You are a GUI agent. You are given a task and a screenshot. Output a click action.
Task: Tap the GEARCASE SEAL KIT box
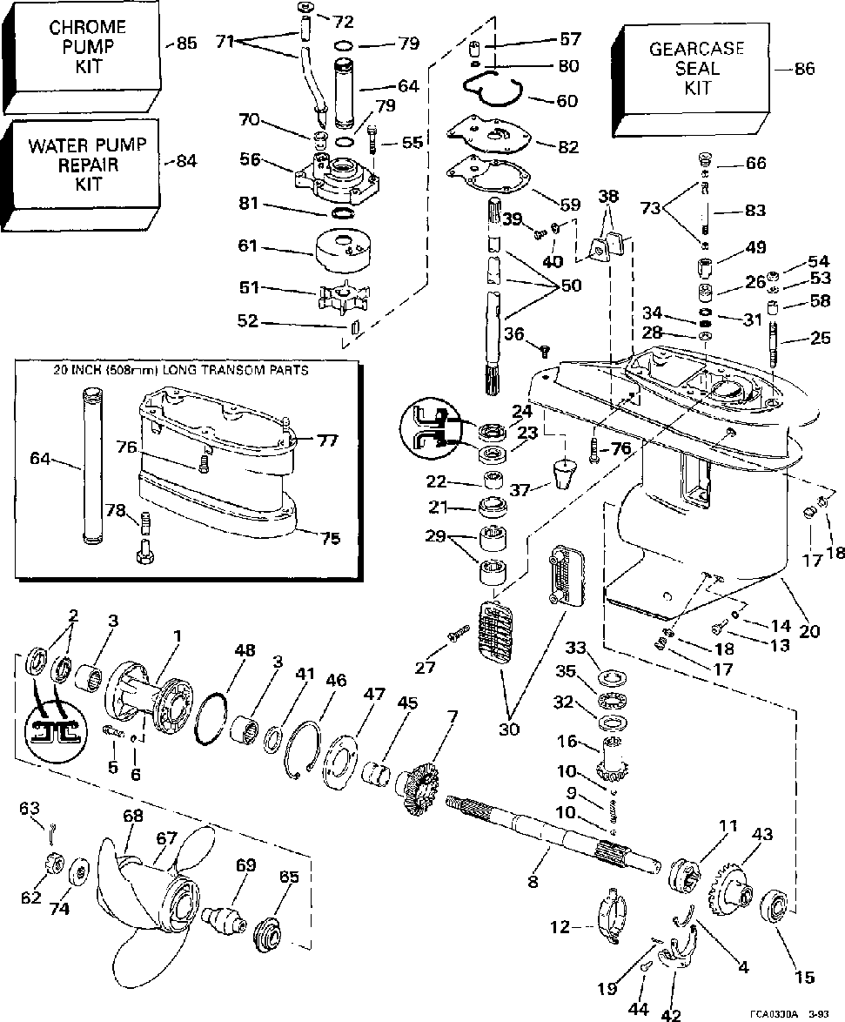click(697, 70)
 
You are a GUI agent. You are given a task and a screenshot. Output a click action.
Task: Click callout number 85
click(187, 41)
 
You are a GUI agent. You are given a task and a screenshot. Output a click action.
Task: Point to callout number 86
click(805, 71)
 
